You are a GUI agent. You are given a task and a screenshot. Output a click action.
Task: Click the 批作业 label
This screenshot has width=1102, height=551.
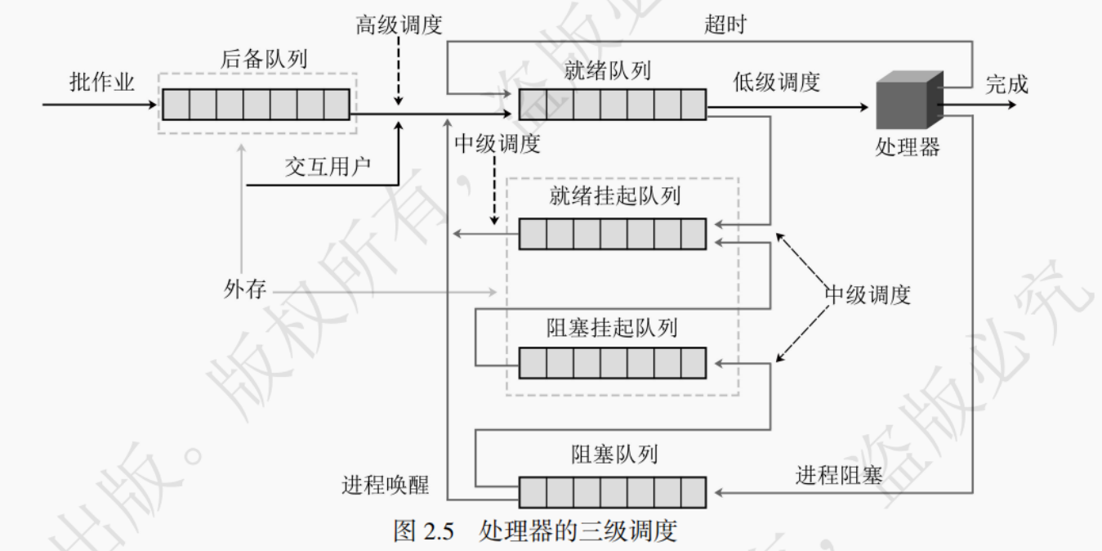click(x=102, y=83)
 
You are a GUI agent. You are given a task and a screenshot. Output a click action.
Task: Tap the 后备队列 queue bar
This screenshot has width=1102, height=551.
click(x=256, y=105)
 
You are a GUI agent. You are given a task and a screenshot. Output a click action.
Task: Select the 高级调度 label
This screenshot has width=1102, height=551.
click(x=399, y=25)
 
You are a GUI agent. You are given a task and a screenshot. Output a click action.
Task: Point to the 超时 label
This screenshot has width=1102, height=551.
click(x=725, y=25)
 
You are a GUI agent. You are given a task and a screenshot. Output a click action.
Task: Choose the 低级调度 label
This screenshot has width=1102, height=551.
click(x=776, y=82)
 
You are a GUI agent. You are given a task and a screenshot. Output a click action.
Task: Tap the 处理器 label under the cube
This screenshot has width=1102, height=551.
click(x=908, y=147)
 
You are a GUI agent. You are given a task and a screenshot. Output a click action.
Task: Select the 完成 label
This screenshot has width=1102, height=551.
click(x=1006, y=84)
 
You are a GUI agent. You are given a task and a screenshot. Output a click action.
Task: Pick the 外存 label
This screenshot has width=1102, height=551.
click(x=244, y=289)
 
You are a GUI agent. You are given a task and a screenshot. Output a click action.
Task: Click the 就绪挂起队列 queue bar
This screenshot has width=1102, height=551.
click(x=612, y=234)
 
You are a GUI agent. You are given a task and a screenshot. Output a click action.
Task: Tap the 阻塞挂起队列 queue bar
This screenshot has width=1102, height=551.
click(x=612, y=363)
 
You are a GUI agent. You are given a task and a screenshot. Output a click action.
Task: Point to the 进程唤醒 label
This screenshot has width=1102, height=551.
click(x=385, y=486)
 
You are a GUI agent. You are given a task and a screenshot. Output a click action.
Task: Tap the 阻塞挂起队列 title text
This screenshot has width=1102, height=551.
click(x=612, y=328)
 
